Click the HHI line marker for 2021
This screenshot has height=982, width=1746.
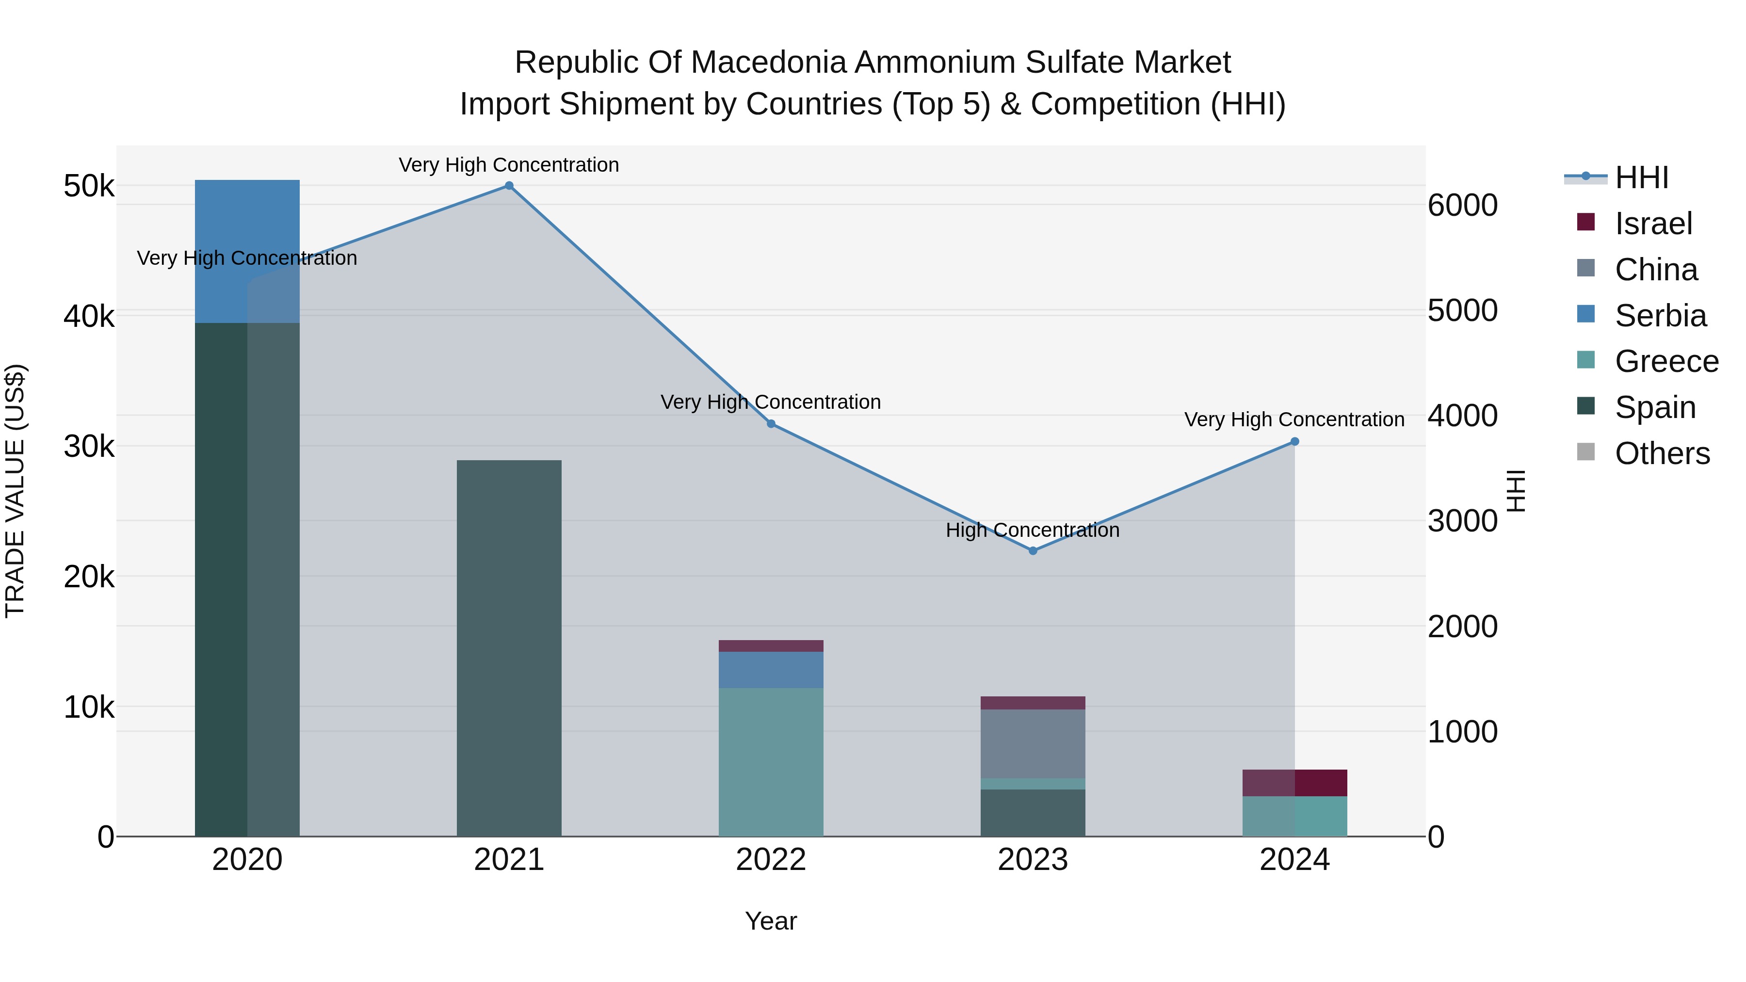[509, 186]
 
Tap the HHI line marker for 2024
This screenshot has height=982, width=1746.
[1294, 442]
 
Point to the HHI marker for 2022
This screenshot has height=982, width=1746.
[771, 423]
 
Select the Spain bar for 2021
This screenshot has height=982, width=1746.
[509, 648]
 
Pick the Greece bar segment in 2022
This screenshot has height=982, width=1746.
[771, 762]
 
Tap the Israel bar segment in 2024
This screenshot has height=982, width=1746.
[1294, 783]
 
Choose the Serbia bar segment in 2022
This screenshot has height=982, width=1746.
[771, 670]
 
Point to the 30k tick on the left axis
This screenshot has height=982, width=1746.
[89, 447]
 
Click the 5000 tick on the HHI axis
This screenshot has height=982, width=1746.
[1462, 310]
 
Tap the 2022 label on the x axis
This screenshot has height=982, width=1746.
[771, 860]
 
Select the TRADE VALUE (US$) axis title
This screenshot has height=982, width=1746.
[16, 491]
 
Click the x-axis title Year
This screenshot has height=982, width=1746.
[771, 921]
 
